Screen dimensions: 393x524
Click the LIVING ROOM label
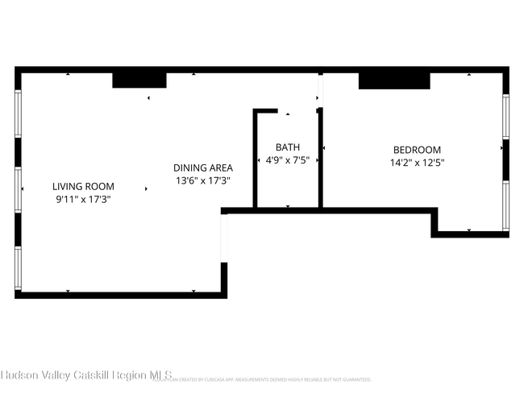pos(84,186)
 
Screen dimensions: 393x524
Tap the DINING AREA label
pos(203,168)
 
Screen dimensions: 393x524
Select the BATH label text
pos(288,147)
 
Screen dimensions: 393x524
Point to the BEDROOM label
pos(417,150)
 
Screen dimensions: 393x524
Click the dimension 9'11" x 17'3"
pos(84,198)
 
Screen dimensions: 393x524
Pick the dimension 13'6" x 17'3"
pos(203,180)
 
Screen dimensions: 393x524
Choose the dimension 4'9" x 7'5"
pos(288,160)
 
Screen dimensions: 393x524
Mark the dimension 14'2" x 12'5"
pos(417,163)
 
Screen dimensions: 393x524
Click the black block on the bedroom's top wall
pos(394,81)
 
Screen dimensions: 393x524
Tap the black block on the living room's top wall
pos(139,80)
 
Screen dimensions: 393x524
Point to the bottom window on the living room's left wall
pos(19,267)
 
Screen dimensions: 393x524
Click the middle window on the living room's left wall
pos(19,190)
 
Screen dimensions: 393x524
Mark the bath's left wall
pos(255,159)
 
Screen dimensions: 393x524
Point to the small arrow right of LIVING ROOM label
pos(146,189)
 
